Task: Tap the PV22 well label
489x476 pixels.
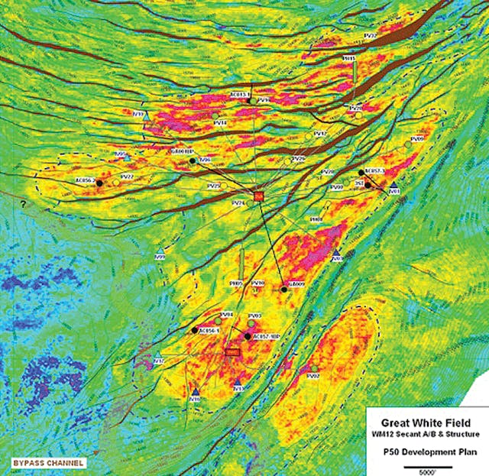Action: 128,176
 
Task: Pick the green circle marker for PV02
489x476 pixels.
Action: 313,368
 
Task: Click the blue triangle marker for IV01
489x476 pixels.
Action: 393,186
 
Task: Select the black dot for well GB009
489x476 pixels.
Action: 284,290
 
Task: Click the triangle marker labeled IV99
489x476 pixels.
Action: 160,251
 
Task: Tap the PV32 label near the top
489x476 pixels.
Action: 370,35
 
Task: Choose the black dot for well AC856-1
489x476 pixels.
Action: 194,330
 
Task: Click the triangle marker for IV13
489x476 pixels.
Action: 238,382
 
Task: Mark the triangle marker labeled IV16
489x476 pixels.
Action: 196,392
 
